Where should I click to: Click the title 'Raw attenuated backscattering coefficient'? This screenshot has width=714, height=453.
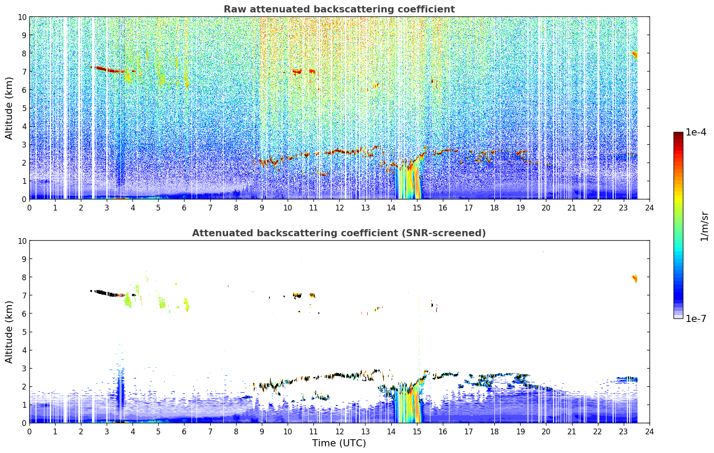(339, 9)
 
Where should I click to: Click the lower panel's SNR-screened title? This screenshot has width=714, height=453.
(339, 233)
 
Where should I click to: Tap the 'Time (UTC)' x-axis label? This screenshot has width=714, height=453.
(339, 443)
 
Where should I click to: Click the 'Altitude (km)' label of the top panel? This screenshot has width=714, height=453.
(9, 108)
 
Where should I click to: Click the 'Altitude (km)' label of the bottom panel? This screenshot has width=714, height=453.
(9, 332)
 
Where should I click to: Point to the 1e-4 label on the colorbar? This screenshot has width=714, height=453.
(695, 132)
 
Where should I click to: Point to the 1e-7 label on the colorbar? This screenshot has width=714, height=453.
(695, 319)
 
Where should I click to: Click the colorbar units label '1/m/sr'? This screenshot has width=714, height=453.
(704, 226)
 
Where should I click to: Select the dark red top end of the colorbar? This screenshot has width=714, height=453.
(678, 134)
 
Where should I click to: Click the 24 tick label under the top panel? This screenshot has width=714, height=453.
(649, 208)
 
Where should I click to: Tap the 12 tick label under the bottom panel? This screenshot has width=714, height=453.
(340, 432)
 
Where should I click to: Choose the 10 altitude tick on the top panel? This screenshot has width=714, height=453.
(22, 17)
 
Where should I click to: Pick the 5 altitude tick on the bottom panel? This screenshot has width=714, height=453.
(24, 332)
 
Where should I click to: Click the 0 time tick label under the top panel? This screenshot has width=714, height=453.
(30, 208)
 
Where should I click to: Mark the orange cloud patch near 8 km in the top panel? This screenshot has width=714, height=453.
(634, 55)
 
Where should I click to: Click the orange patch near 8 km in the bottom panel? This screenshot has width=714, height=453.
(634, 279)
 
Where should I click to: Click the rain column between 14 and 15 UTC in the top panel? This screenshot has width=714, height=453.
(408, 180)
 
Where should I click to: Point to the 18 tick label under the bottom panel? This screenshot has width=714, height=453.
(494, 432)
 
